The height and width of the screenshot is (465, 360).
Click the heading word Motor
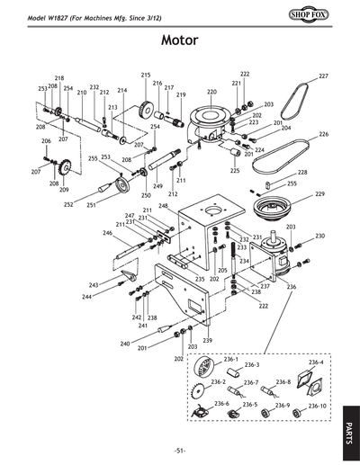tap(179, 40)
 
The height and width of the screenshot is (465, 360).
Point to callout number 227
tap(323, 76)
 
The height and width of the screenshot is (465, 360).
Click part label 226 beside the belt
tap(323, 134)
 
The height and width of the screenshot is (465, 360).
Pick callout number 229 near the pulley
tap(319, 194)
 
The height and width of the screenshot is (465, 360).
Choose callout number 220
tap(211, 92)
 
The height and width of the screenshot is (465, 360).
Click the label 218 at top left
tap(59, 79)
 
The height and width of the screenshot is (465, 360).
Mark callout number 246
tap(107, 233)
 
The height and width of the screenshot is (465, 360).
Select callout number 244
tap(86, 296)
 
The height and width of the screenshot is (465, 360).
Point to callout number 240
tap(125, 344)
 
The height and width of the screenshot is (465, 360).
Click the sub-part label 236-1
tap(218, 359)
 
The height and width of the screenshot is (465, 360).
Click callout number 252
tap(68, 204)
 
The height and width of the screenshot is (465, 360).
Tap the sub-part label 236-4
tap(315, 362)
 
